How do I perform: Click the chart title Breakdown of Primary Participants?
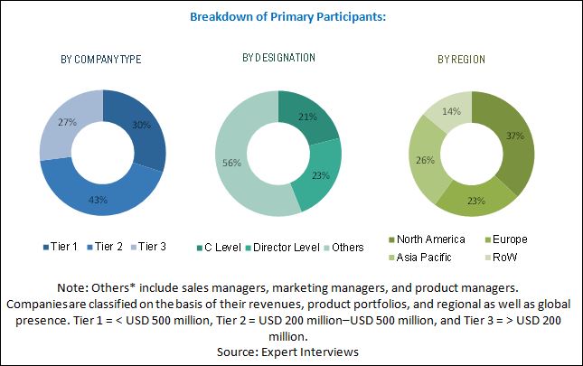[x=290, y=15]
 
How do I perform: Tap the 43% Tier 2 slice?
[x=98, y=197]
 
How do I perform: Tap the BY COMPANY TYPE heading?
[x=100, y=60]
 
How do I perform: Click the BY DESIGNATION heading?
[x=278, y=58]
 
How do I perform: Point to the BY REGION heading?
[x=461, y=60]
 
